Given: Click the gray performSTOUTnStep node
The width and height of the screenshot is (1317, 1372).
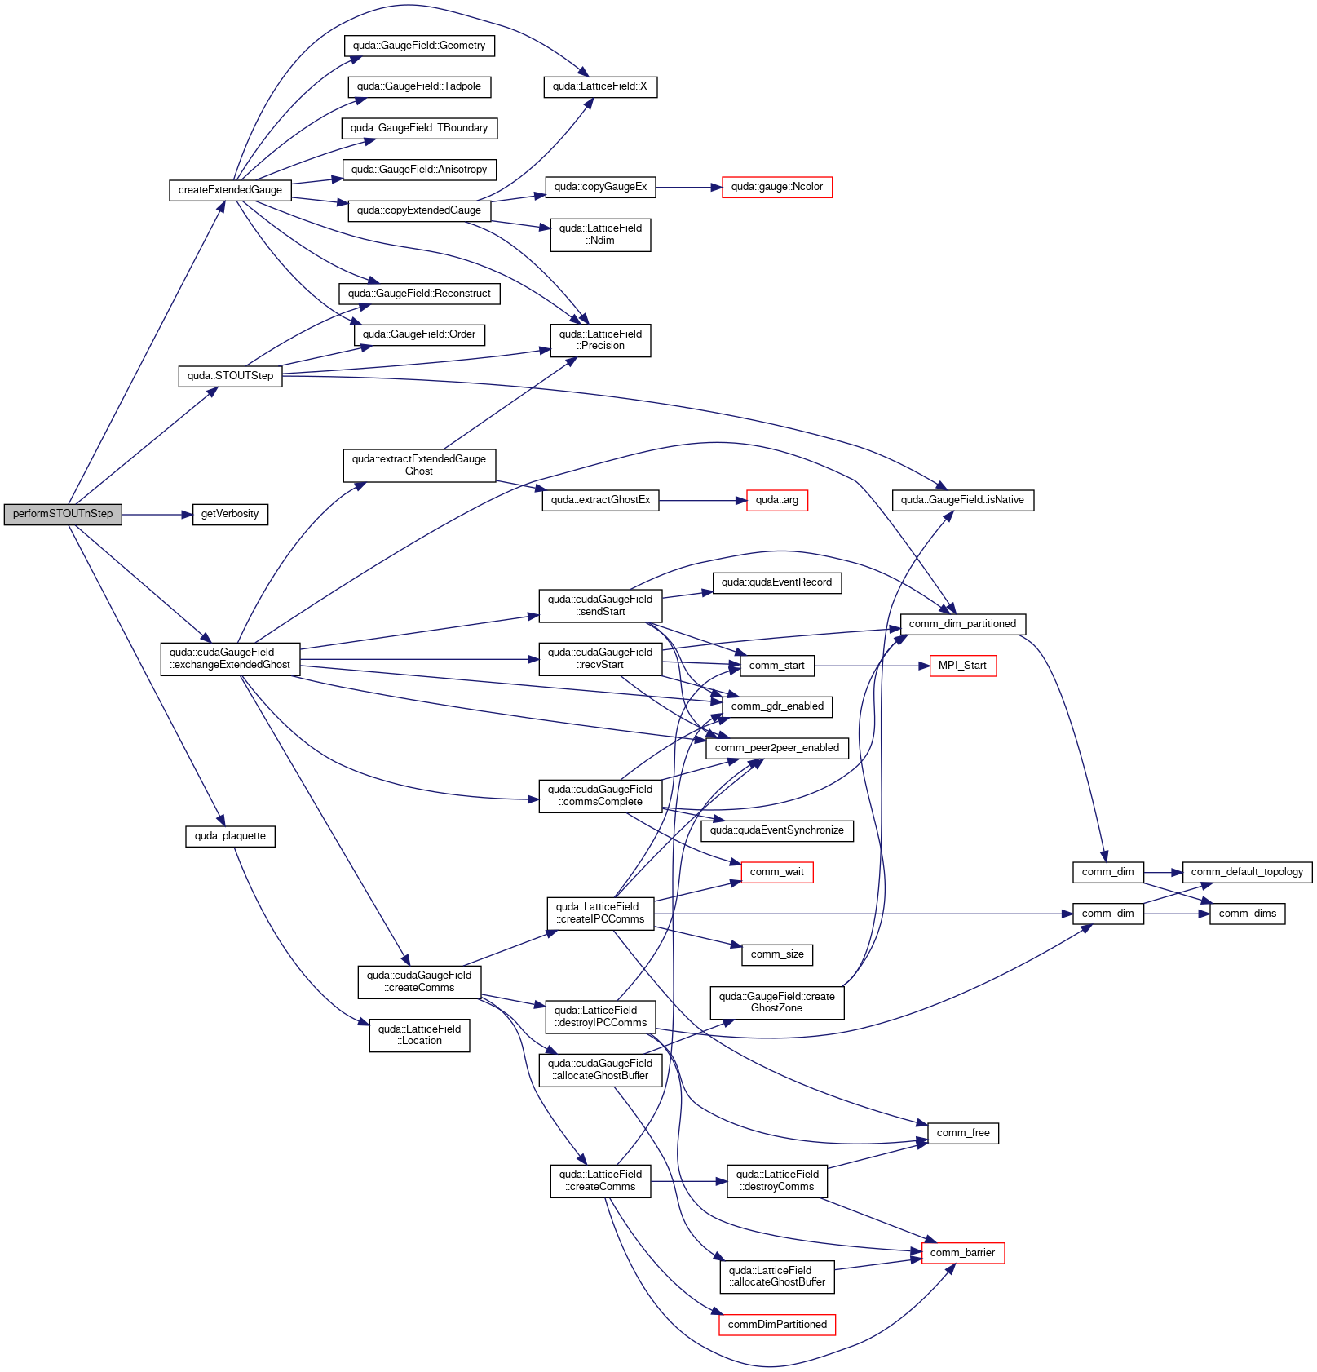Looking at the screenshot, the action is (63, 514).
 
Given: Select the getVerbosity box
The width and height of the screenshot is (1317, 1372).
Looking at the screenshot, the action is (230, 514).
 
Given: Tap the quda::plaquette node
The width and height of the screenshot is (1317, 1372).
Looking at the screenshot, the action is (230, 836).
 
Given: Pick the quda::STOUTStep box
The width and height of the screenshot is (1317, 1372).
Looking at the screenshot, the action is (230, 376).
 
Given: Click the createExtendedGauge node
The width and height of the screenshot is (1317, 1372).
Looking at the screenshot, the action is (230, 190).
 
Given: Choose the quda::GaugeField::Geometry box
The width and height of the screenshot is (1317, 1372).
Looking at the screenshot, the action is (419, 46).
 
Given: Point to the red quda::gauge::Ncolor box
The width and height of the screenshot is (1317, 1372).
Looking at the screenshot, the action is (777, 187).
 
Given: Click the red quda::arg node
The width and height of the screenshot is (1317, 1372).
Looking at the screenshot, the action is (777, 500).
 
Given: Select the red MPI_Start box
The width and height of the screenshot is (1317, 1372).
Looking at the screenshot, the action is (962, 666).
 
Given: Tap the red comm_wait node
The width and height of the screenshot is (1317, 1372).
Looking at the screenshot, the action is (777, 872).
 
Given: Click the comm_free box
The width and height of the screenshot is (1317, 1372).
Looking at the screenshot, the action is (963, 1133).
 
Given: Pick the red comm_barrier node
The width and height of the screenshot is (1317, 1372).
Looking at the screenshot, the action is (963, 1253).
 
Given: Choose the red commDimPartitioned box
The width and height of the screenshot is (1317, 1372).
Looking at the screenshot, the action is (777, 1325).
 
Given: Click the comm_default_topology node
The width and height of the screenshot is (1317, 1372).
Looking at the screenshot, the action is (1248, 872).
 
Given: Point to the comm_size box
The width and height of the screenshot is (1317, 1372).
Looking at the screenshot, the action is (777, 954).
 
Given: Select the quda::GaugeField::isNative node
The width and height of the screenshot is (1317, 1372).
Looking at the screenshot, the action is (963, 500).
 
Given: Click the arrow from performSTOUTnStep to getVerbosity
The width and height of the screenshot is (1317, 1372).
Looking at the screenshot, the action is (157, 515).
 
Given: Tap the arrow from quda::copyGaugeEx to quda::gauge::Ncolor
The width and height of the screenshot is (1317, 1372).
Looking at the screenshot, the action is (689, 188).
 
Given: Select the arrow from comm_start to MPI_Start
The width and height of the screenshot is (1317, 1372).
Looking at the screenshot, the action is (872, 666).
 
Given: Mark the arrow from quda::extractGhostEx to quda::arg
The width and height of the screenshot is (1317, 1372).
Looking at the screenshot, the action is (703, 500).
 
